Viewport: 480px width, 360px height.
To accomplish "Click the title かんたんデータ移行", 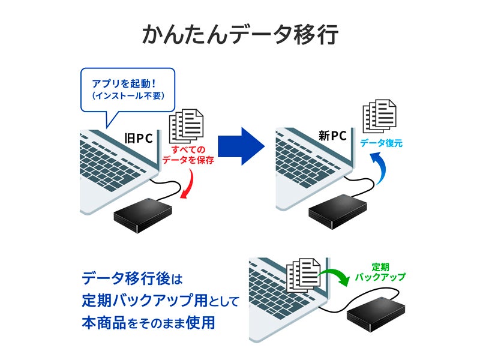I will pos(240,35).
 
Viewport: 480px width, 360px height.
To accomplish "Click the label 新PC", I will pos(332,136).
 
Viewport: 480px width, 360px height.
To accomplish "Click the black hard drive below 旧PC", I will pos(142,215).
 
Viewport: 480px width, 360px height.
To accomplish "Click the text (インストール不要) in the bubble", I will pos(127,95).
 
